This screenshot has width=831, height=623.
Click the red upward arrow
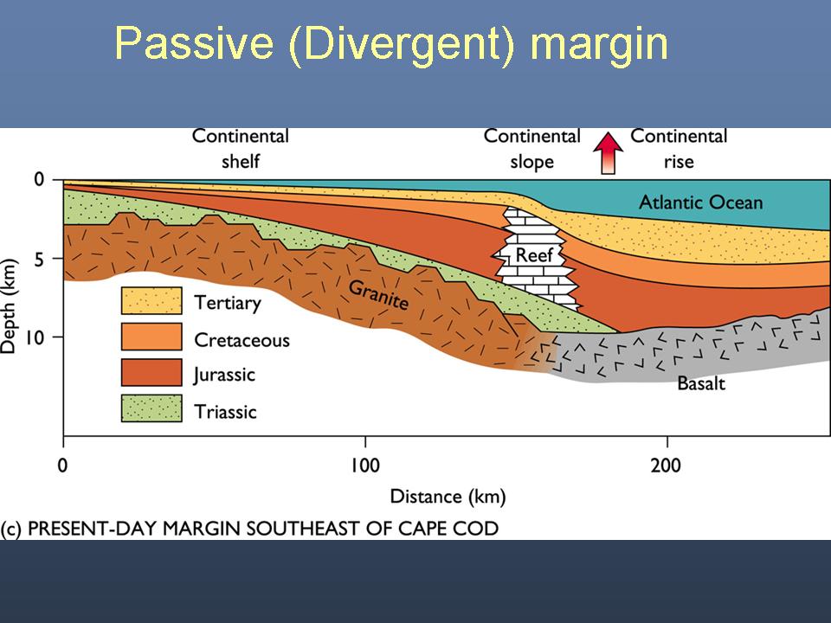608,152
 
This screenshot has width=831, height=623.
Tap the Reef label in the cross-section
534,254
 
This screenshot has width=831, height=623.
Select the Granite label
378,294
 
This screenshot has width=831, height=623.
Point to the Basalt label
700,383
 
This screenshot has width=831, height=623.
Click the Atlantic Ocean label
700,202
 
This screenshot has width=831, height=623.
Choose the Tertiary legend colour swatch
151,300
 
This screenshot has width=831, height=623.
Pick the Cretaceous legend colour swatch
151,337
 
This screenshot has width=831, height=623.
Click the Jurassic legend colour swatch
151,372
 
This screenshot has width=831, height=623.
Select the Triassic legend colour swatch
151,408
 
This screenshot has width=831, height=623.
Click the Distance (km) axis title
448,497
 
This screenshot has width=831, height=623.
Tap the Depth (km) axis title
9,305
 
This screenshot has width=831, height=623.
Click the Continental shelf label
241,148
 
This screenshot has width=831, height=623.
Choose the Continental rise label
679,148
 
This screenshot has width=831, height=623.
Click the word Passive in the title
194,43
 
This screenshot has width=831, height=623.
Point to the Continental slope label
532,148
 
